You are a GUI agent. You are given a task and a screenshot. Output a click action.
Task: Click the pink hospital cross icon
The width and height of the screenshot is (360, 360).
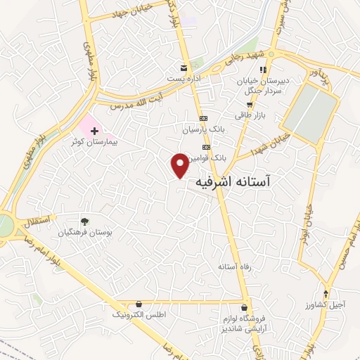(94, 131)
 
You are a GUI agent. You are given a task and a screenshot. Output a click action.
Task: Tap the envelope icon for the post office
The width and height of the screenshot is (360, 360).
(184, 67)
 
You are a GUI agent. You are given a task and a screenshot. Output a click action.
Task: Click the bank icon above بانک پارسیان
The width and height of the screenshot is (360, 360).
(203, 119)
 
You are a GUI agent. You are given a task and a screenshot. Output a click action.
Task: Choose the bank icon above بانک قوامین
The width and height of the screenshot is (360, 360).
(206, 147)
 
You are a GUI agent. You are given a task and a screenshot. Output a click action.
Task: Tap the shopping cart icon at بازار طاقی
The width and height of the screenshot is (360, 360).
(250, 104)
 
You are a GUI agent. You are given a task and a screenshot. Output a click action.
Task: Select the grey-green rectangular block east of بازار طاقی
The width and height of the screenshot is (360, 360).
(311, 112)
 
